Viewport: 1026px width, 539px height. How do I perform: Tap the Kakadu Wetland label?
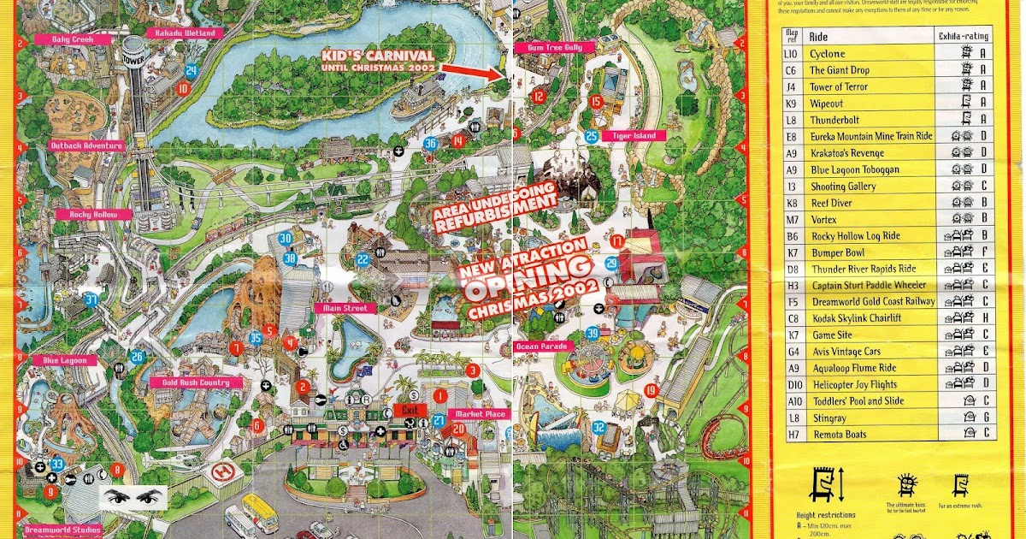[x=186, y=33]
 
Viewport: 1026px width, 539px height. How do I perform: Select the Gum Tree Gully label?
[x=555, y=48]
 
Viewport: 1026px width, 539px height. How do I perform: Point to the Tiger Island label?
[x=633, y=136]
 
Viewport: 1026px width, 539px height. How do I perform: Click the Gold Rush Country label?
[x=196, y=382]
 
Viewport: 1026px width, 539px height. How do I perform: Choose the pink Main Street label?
[x=342, y=308]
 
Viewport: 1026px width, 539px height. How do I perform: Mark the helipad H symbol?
[x=222, y=471]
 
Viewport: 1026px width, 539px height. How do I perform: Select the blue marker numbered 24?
[x=192, y=71]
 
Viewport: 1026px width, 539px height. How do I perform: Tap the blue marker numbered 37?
[x=91, y=299]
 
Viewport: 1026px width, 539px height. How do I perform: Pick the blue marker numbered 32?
[x=599, y=427]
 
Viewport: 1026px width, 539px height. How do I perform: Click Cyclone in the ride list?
[x=827, y=54]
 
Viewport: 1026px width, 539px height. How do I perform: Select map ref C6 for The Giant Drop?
[x=791, y=71]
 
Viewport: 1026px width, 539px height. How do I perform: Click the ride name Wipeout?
[x=827, y=104]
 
